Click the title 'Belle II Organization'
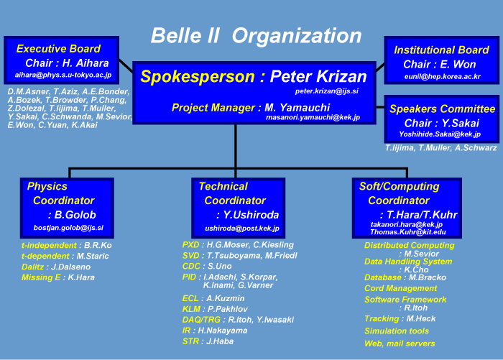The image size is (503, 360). pyautogui.click(x=257, y=35)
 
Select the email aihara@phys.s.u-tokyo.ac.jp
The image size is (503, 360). pyautogui.click(x=63, y=75)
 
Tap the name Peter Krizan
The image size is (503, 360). pyautogui.click(x=318, y=76)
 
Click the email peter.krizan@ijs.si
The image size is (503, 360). pyautogui.click(x=326, y=91)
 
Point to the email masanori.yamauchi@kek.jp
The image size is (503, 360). pyautogui.click(x=313, y=117)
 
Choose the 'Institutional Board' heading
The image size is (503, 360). pyautogui.click(x=441, y=50)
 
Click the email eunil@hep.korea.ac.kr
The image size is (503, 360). pyautogui.click(x=443, y=77)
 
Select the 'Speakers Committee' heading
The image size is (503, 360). pyautogui.click(x=443, y=109)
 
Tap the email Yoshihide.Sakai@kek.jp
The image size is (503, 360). pyautogui.click(x=440, y=134)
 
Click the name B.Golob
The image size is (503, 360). pyautogui.click(x=75, y=215)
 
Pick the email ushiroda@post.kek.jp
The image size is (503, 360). pyautogui.click(x=242, y=229)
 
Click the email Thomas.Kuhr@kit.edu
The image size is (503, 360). pyautogui.click(x=408, y=232)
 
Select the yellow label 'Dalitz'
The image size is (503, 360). pyautogui.click(x=33, y=267)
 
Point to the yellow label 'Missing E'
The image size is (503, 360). pyautogui.click(x=41, y=277)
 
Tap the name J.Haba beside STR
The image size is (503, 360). pyautogui.click(x=220, y=341)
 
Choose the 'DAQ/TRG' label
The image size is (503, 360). pyautogui.click(x=201, y=320)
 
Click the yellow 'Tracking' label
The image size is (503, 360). pyautogui.click(x=382, y=319)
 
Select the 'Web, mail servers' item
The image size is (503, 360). pyautogui.click(x=400, y=343)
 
